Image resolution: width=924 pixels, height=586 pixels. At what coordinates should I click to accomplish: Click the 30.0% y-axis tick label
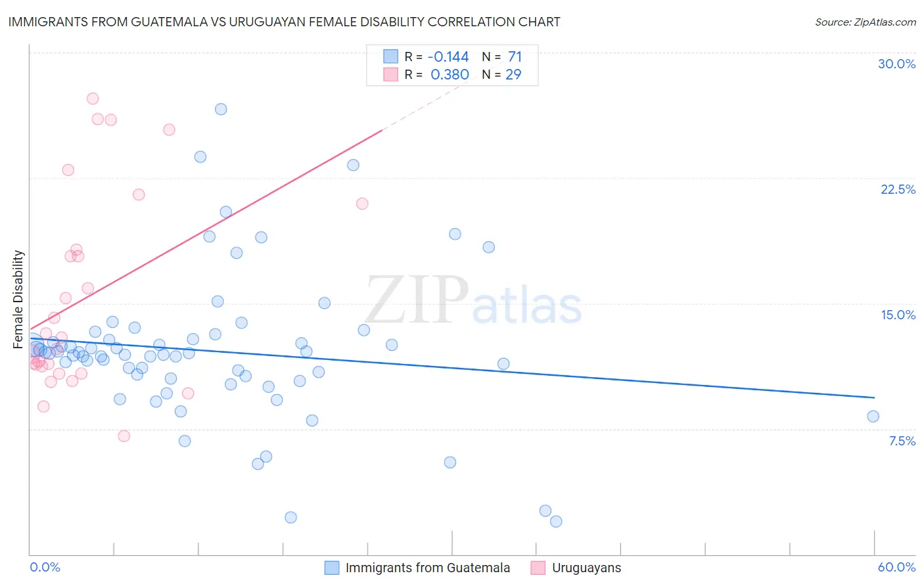(x=896, y=64)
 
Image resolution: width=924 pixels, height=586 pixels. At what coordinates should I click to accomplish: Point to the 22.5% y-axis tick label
(x=898, y=189)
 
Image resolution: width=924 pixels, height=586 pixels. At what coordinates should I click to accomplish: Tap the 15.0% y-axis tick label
(x=898, y=315)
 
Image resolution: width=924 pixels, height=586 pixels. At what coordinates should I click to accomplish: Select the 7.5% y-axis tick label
(x=902, y=441)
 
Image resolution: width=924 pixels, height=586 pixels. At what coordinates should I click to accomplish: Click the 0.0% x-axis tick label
(x=45, y=567)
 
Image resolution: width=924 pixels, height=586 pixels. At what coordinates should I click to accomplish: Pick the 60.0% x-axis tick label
(x=896, y=567)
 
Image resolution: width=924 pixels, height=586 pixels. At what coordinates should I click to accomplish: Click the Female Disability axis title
(x=18, y=300)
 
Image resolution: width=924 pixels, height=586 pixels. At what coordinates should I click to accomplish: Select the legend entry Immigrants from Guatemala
(x=427, y=568)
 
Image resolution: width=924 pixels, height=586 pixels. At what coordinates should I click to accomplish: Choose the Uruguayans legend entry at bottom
(x=586, y=568)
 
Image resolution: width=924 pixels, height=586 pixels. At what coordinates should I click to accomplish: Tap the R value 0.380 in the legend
(x=450, y=75)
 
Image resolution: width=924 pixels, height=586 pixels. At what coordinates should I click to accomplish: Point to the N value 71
(x=515, y=57)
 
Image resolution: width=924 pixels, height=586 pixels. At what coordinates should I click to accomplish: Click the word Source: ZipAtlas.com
(x=865, y=22)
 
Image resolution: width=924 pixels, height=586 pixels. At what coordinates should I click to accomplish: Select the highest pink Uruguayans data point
(x=93, y=99)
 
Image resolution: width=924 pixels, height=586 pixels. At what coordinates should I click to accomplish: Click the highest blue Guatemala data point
(x=221, y=109)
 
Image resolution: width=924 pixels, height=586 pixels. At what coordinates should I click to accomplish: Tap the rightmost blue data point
(x=873, y=416)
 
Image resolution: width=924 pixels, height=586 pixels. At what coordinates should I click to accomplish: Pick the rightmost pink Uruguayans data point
(x=362, y=204)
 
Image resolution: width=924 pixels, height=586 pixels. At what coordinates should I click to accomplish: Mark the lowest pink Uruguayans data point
(x=124, y=436)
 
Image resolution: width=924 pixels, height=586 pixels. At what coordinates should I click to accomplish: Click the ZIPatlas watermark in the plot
(x=473, y=300)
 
